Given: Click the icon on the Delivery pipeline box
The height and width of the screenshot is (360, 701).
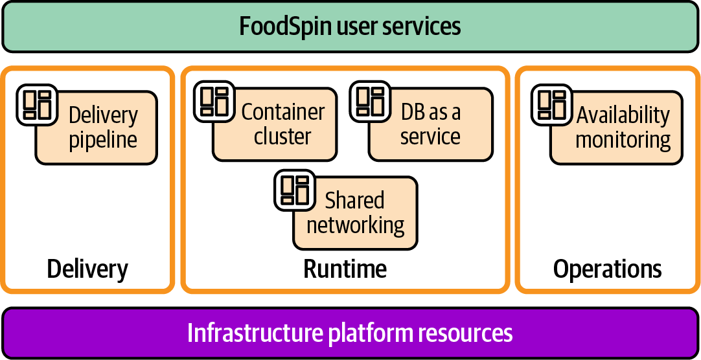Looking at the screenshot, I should (37, 104).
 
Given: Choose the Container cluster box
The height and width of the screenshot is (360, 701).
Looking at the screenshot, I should (282, 125).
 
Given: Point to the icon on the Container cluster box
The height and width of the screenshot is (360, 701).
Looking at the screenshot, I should (214, 101).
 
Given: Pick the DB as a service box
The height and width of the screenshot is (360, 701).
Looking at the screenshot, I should (431, 125).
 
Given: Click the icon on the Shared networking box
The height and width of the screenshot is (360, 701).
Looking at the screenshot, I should (295, 190).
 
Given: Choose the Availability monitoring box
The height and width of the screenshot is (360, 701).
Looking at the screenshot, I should (623, 128).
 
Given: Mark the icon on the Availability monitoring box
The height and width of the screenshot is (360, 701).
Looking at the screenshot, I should (552, 104).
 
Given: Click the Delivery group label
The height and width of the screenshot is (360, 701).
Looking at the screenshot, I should (87, 269).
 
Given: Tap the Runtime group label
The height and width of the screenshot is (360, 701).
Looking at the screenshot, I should (345, 269).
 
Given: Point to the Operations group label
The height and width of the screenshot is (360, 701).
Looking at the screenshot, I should (607, 269).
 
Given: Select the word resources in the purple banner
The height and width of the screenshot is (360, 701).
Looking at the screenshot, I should (465, 333).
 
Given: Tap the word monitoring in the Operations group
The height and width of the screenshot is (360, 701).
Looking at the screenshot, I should (623, 140).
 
